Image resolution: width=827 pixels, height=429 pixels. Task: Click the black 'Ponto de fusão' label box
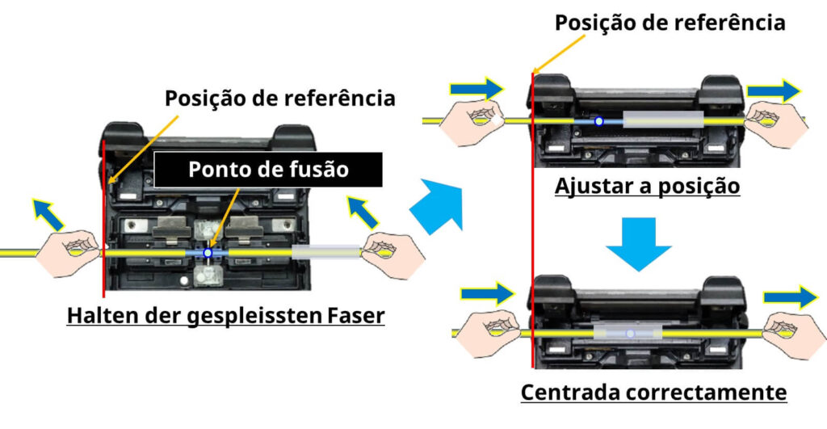pyautogui.click(x=268, y=170)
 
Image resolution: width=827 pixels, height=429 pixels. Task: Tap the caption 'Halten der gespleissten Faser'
pyautogui.click(x=226, y=315)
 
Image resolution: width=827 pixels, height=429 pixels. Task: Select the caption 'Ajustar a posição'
pyautogui.click(x=647, y=186)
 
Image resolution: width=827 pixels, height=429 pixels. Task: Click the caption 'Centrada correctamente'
pyautogui.click(x=653, y=393)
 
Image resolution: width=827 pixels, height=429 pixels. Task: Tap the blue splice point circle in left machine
pyautogui.click(x=208, y=254)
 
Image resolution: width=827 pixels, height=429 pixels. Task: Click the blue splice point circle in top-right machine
pyautogui.click(x=598, y=121)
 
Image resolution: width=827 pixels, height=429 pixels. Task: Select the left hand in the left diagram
pyautogui.click(x=78, y=253)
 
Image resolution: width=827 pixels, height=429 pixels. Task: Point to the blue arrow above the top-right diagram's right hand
pyautogui.click(x=773, y=90)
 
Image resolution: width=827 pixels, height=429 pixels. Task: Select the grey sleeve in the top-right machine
pyautogui.click(x=662, y=121)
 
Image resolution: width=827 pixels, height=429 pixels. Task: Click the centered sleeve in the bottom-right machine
pyautogui.click(x=628, y=333)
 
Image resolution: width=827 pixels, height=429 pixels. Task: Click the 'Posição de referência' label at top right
pyautogui.click(x=670, y=23)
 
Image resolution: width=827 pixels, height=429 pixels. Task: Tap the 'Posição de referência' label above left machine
pyautogui.click(x=280, y=99)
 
